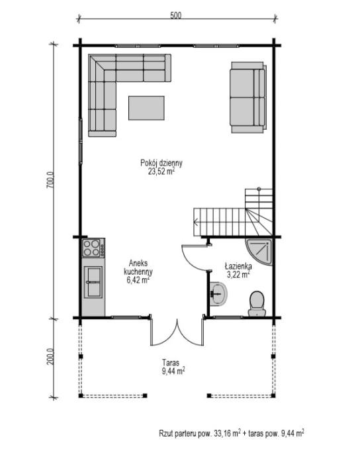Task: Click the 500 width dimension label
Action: pyautogui.click(x=175, y=15)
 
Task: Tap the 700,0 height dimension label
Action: pyautogui.click(x=50, y=181)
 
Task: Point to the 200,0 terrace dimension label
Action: pyautogui.click(x=50, y=357)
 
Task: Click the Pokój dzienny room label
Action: pyautogui.click(x=161, y=163)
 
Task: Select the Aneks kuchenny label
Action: pyautogui.click(x=138, y=268)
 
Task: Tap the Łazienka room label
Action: pyautogui.click(x=238, y=266)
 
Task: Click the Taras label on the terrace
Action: pyautogui.click(x=171, y=363)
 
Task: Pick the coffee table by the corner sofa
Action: pyautogui.click(x=146, y=108)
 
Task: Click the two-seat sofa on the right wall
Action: pyautogui.click(x=248, y=97)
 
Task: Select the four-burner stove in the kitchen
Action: pyautogui.click(x=93, y=248)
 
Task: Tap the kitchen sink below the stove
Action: pyautogui.click(x=93, y=282)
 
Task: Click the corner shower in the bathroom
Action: pyautogui.click(x=259, y=252)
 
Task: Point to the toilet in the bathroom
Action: pyautogui.click(x=257, y=304)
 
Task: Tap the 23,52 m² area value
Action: pyautogui.click(x=161, y=172)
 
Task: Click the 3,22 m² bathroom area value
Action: pyautogui.click(x=238, y=274)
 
